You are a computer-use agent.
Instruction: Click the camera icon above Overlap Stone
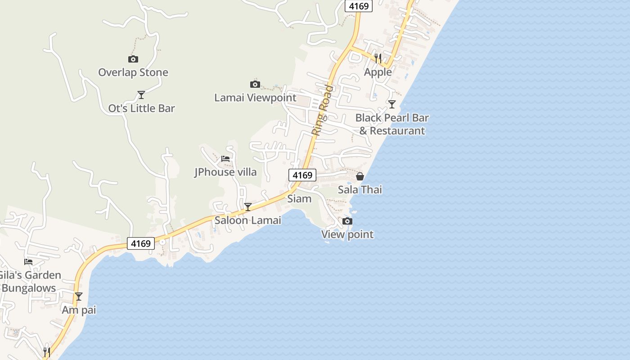(133, 59)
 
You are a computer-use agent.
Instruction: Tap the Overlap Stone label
(133, 72)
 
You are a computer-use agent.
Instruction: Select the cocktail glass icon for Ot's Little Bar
(141, 94)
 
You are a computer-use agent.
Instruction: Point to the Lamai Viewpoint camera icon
(255, 84)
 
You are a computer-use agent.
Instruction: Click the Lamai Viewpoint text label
(255, 98)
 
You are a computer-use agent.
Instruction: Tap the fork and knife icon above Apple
(378, 58)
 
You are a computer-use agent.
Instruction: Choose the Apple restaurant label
(378, 72)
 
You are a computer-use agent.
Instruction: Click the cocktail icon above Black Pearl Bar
(392, 104)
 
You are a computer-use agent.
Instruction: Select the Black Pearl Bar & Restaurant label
(392, 124)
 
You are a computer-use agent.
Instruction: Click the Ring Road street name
(323, 111)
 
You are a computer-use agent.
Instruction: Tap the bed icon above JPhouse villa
(225, 158)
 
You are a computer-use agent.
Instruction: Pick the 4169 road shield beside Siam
(302, 175)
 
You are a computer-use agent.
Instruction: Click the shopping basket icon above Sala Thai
(360, 176)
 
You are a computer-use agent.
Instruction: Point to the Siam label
(299, 198)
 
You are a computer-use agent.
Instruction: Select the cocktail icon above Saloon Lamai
(247, 207)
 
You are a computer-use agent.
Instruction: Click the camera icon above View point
(347, 221)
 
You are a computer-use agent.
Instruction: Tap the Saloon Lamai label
(247, 220)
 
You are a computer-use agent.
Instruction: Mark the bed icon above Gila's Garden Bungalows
(28, 261)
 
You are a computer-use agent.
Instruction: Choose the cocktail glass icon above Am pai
(79, 297)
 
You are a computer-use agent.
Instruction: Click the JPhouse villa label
(225, 172)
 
